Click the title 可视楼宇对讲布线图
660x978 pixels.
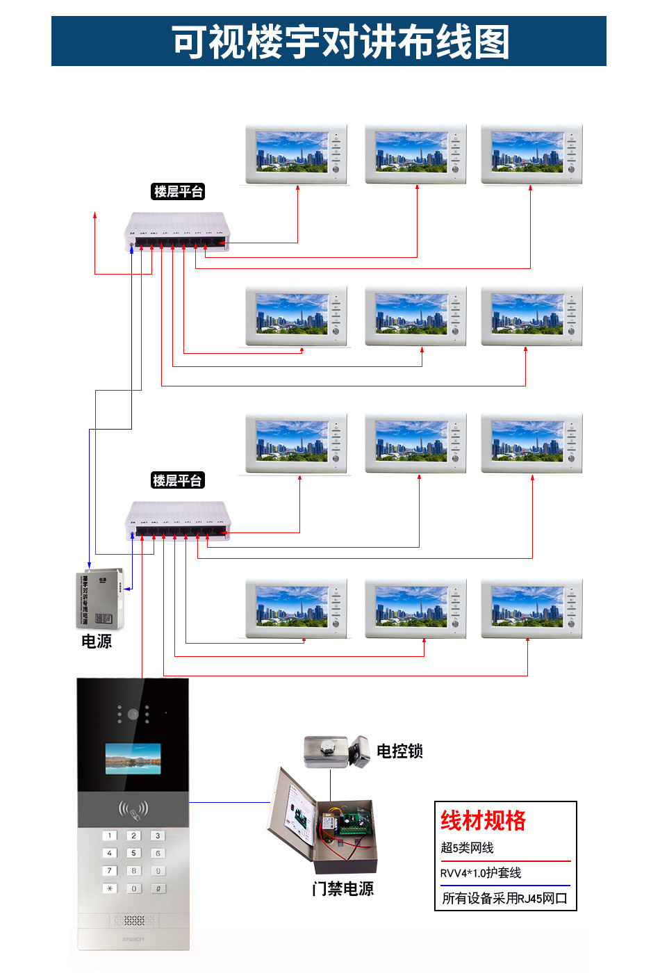pyautogui.click(x=340, y=42)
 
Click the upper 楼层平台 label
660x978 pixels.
pyautogui.click(x=179, y=192)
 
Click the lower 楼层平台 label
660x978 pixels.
pyautogui.click(x=177, y=480)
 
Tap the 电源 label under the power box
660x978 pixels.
pyautogui.click(x=97, y=641)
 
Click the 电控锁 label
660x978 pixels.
pyautogui.click(x=399, y=751)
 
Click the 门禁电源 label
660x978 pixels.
pyautogui.click(x=343, y=888)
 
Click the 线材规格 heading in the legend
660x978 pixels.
pyautogui.click(x=484, y=820)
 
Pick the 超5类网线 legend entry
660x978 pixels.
pyautogui.click(x=467, y=847)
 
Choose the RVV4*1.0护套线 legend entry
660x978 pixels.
pyautogui.click(x=481, y=873)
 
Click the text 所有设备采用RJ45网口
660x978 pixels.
pyautogui.click(x=504, y=898)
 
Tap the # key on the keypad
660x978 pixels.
pyautogui.click(x=158, y=888)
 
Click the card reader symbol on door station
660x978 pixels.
pyautogui.click(x=133, y=808)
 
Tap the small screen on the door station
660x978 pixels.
pyautogui.click(x=133, y=759)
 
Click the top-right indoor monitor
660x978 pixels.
pyautogui.click(x=531, y=154)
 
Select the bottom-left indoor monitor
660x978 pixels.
pyautogui.click(x=296, y=608)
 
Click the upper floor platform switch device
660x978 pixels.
pyautogui.click(x=177, y=231)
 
